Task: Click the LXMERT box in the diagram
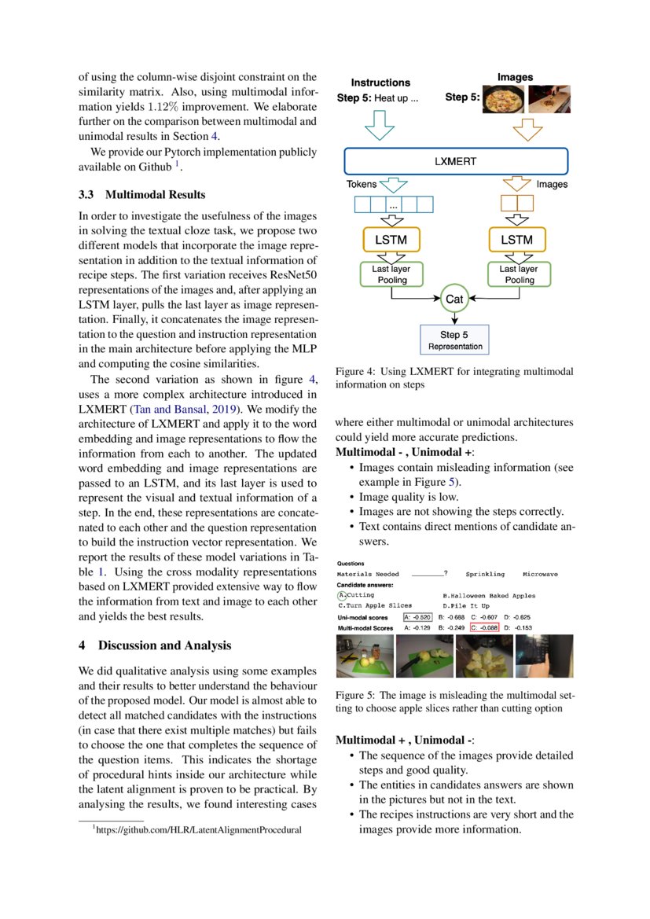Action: tap(455, 160)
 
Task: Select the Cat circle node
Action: tap(454, 299)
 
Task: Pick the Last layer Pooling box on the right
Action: tap(519, 274)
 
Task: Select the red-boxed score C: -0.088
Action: tap(484, 628)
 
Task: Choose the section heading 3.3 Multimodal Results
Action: tap(141, 194)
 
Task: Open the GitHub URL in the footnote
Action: tap(198, 829)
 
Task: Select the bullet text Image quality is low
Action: tap(408, 497)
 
